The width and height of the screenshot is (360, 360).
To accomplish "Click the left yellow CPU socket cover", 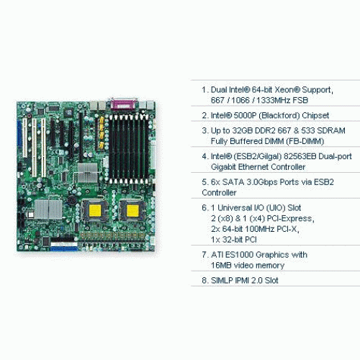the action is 95,210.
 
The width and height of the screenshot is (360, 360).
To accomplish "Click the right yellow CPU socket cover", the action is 132,210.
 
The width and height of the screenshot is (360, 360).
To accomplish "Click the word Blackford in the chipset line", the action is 279,116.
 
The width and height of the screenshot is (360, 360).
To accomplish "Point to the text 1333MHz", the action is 273,100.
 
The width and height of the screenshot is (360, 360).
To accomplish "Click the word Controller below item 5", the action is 219,193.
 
